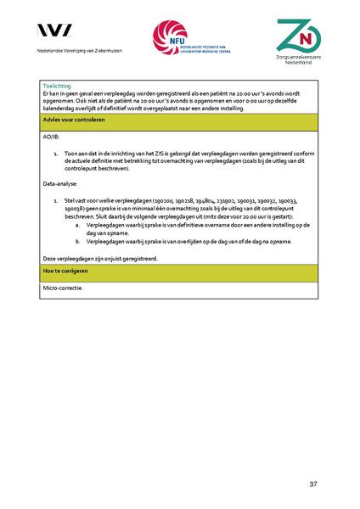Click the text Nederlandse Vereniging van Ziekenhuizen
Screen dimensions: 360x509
(74, 51)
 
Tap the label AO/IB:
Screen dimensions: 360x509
(50, 136)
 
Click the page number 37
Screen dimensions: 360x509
(312, 484)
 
